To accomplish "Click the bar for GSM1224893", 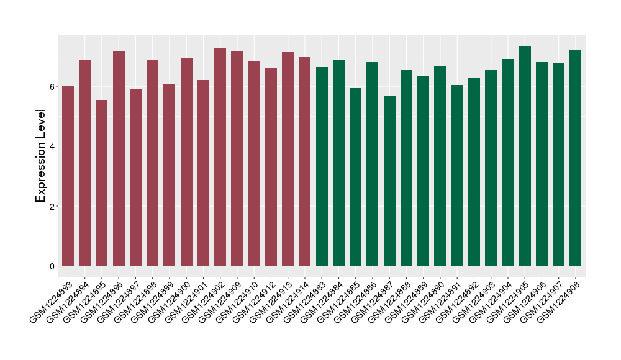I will click(68, 176).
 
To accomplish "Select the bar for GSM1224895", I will click(102, 183).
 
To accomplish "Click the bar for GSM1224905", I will click(525, 156).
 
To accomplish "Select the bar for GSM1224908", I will click(576, 158).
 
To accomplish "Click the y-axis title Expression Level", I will click(41, 156).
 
